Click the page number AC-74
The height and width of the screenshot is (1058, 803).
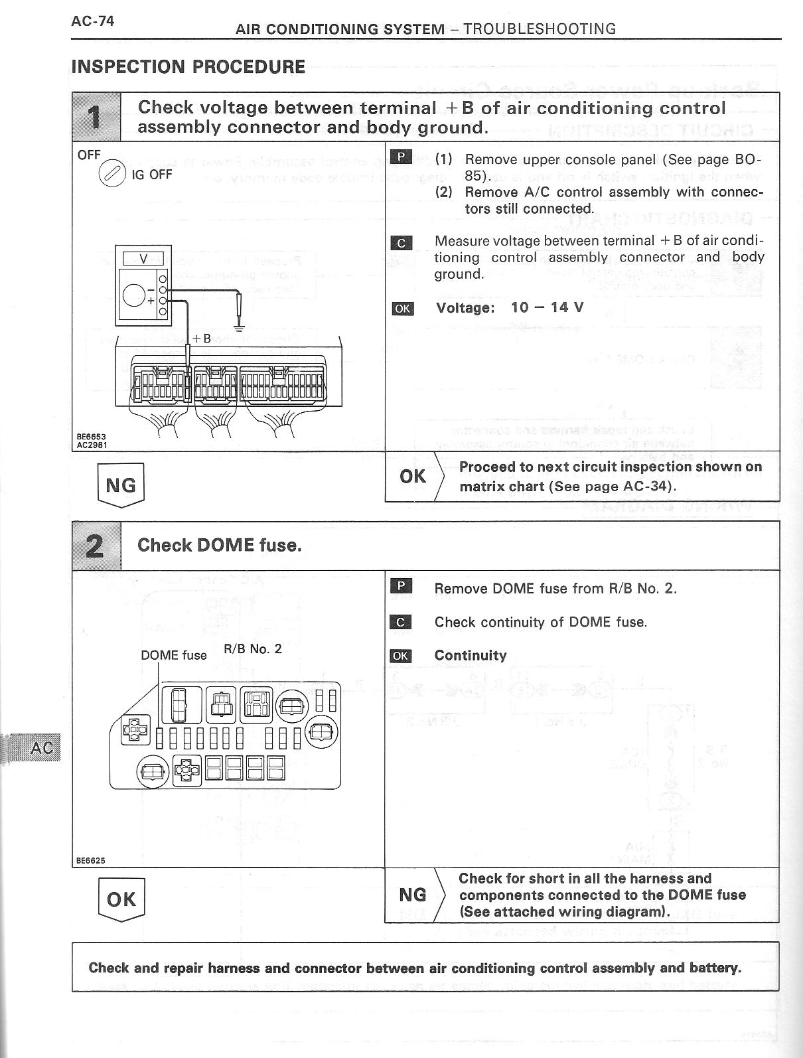[x=92, y=21]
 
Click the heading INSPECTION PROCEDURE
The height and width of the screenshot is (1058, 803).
[x=188, y=67]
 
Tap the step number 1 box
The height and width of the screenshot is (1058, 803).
[x=96, y=117]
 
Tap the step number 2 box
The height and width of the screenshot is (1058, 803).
[x=96, y=546]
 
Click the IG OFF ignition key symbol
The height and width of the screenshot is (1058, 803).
[x=111, y=174]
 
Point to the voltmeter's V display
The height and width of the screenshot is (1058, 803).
[x=143, y=259]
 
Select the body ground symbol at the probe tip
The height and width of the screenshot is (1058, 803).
[x=239, y=327]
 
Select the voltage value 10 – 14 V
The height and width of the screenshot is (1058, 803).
[x=547, y=307]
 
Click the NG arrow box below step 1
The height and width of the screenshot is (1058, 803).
[x=120, y=485]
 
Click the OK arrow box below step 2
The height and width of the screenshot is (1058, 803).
[x=121, y=899]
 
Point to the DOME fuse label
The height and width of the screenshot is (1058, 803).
[x=173, y=655]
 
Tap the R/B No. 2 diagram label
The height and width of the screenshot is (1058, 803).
[x=253, y=648]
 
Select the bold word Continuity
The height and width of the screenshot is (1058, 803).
[x=470, y=655]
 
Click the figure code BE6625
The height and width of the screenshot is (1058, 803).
[x=90, y=860]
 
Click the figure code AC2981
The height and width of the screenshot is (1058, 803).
[x=91, y=445]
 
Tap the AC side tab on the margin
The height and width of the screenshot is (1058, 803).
[x=41, y=748]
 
